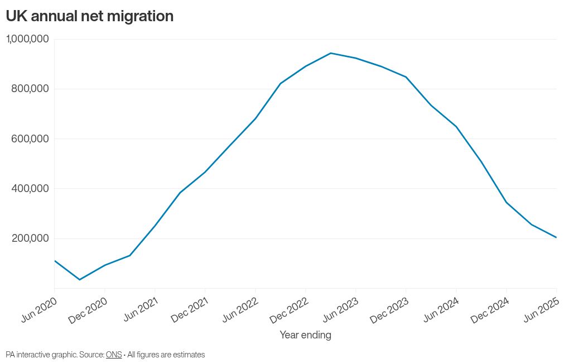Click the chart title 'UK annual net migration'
tap(90, 16)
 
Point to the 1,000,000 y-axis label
tap(27, 39)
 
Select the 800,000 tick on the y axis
tap(30, 89)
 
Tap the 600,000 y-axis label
tap(30, 138)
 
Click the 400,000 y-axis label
tap(30, 189)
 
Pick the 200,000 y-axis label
tap(30, 238)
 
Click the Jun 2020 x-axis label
tap(40, 308)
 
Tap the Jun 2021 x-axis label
tap(140, 308)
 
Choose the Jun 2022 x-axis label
tap(240, 308)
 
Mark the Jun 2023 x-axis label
tap(341, 308)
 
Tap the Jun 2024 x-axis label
tap(441, 308)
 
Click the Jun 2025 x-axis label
tap(542, 308)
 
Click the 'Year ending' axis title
tap(305, 335)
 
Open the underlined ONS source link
tap(114, 355)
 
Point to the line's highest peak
tap(331, 53)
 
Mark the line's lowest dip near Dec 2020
tap(79, 279)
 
